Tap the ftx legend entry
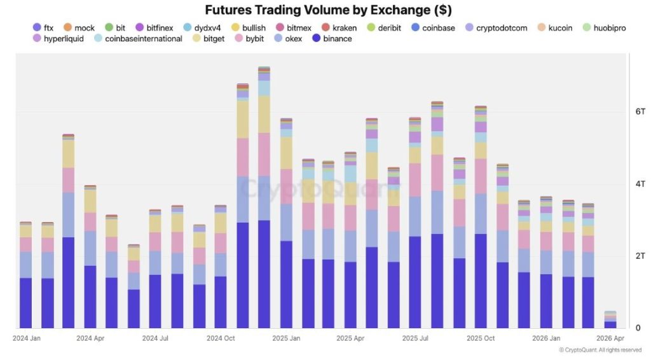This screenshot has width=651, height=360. [x=44, y=28]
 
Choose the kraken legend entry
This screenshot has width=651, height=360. [x=339, y=28]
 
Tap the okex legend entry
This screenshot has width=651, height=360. [x=288, y=39]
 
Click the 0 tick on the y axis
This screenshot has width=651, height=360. [x=638, y=328]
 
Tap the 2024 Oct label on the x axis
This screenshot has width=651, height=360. [x=221, y=338]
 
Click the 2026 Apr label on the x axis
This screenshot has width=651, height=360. [x=610, y=338]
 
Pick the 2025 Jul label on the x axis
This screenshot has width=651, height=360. [x=416, y=338]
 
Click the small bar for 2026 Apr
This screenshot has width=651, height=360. [x=610, y=320]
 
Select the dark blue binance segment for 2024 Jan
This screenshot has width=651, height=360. [x=25, y=303]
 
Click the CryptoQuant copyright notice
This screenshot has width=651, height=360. [x=600, y=350]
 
